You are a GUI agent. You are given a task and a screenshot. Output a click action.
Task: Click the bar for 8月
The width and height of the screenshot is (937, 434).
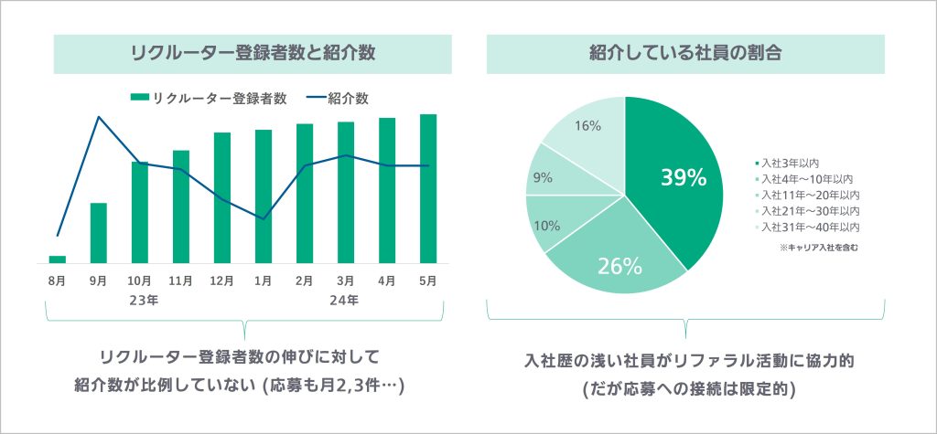point(57,259)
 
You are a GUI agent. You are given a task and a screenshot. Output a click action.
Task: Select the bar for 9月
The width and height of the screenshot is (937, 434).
point(98,232)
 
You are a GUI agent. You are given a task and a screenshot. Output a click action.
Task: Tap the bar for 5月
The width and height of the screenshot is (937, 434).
point(428,188)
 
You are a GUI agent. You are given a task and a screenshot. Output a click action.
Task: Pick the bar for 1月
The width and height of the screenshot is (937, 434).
point(264,196)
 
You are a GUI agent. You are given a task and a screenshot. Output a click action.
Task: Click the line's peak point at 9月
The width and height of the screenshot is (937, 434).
point(98,117)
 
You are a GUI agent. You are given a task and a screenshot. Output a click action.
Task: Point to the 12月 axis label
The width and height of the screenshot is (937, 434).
point(222,281)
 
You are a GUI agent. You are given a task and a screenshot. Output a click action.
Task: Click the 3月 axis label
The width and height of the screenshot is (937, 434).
point(346,281)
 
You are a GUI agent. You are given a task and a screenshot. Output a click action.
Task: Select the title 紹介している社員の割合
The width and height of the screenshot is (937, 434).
point(685,53)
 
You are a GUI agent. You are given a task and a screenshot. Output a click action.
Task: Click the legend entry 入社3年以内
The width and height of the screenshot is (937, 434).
point(787,164)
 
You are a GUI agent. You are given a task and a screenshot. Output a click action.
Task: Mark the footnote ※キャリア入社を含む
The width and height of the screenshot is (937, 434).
point(817,247)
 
